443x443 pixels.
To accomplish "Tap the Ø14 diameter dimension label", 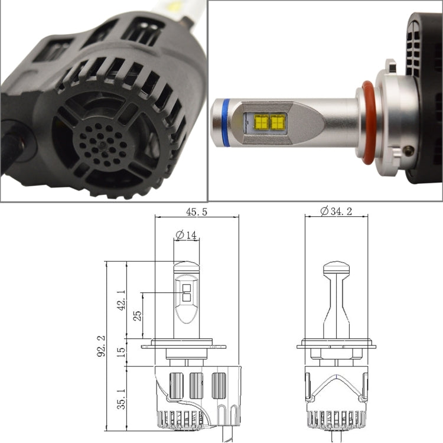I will coord(187,234).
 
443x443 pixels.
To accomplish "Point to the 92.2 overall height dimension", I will coord(101,346).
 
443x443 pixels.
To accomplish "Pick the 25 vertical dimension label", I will coord(138,315).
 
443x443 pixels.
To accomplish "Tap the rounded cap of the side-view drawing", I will coord(337,269).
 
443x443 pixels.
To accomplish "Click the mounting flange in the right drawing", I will coord(337,343).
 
